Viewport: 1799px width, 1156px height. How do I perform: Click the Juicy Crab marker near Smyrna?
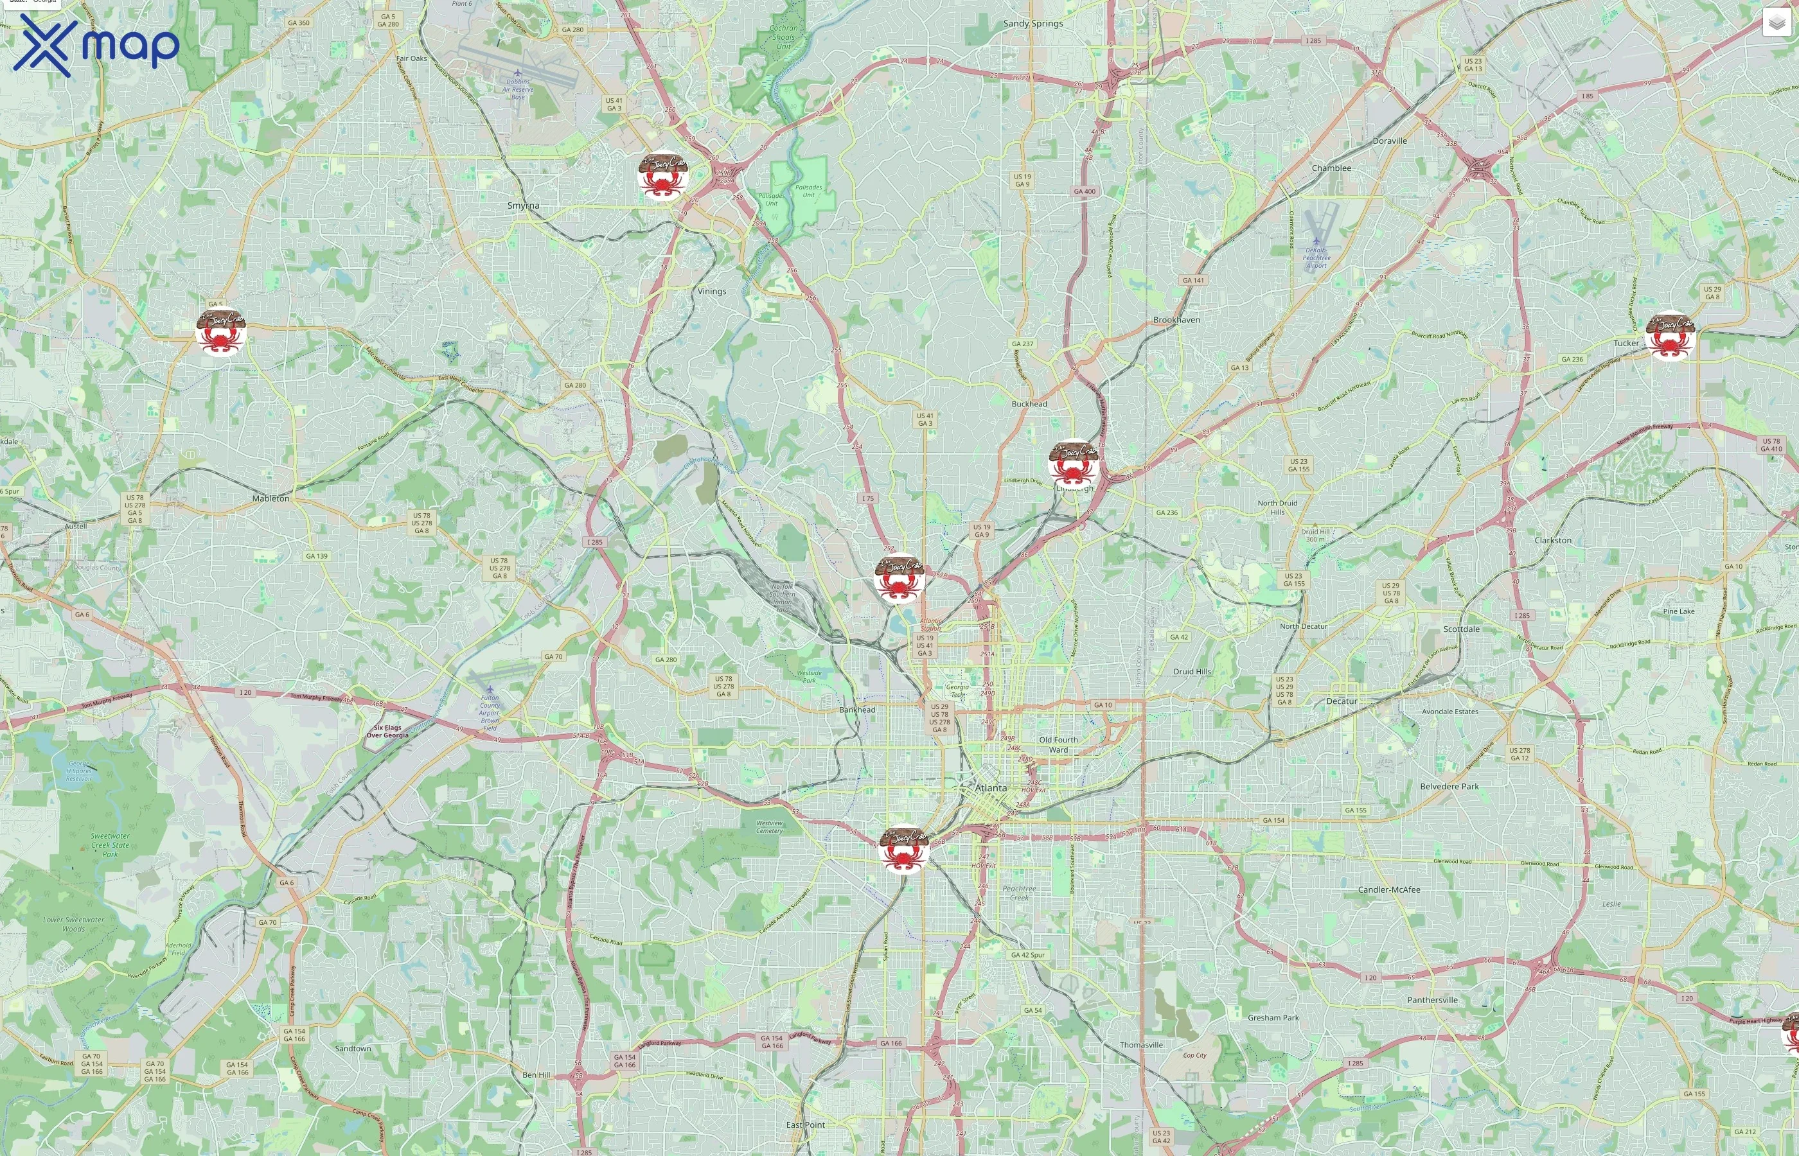662,177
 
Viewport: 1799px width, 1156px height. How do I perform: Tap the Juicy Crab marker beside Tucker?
1669,335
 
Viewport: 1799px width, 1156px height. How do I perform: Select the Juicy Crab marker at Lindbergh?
1074,464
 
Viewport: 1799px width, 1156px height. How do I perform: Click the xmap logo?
96,46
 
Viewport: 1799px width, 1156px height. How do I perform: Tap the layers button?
1776,23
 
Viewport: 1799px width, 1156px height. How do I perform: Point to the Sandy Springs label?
1032,24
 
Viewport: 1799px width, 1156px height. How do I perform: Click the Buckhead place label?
1029,404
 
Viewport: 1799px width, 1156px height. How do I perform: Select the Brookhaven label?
1176,320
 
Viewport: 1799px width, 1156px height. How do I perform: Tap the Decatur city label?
1341,701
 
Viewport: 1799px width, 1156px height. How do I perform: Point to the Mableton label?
270,498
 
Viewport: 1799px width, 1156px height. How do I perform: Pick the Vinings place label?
711,292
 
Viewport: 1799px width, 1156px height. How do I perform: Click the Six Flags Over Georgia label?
387,731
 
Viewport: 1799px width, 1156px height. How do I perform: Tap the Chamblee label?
1331,168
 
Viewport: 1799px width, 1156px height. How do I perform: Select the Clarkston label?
1553,541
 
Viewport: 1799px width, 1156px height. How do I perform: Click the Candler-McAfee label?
1388,889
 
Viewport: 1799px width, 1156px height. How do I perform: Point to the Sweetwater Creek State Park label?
110,845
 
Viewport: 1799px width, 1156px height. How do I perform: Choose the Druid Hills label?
1192,672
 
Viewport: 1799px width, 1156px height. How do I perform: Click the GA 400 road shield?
1084,191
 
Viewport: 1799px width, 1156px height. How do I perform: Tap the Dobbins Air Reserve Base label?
517,89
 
